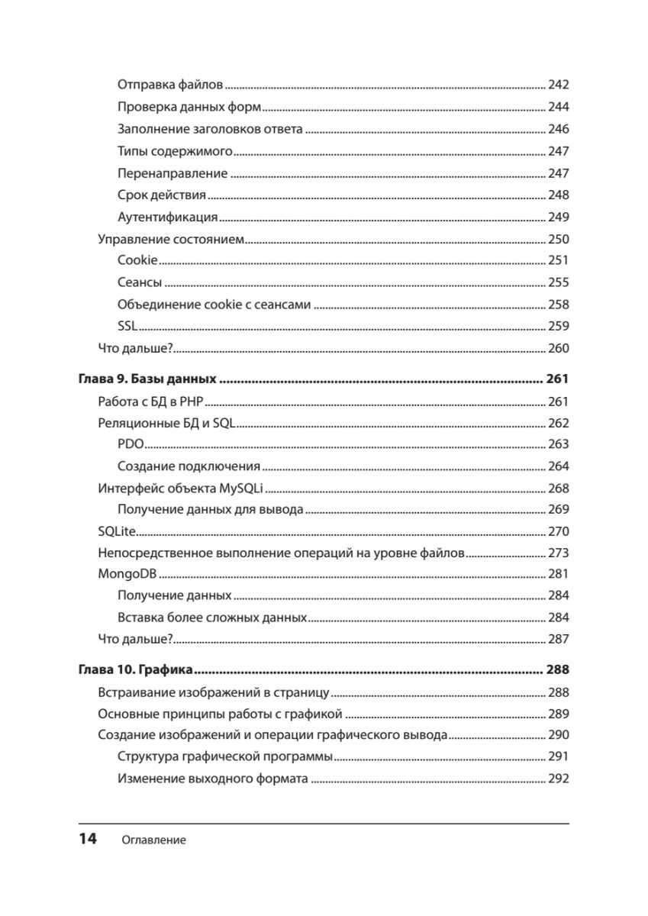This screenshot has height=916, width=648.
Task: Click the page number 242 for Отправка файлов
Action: click(559, 85)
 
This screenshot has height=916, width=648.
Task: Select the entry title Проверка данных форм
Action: click(189, 107)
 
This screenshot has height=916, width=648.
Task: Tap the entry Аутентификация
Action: click(168, 217)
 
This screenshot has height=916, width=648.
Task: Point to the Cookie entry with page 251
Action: click(137, 260)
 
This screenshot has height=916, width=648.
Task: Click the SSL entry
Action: click(127, 326)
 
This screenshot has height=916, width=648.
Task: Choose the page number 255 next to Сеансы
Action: click(559, 282)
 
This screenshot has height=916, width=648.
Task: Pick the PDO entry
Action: click(131, 444)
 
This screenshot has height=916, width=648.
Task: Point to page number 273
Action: click(559, 553)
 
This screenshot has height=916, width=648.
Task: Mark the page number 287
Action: click(559, 639)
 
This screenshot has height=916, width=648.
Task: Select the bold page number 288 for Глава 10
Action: click(558, 671)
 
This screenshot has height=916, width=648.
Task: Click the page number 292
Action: click(559, 779)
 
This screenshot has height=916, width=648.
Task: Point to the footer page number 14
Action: click(87, 840)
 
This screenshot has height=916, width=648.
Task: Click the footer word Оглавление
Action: click(153, 840)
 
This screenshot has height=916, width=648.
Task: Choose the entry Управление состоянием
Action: click(170, 239)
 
